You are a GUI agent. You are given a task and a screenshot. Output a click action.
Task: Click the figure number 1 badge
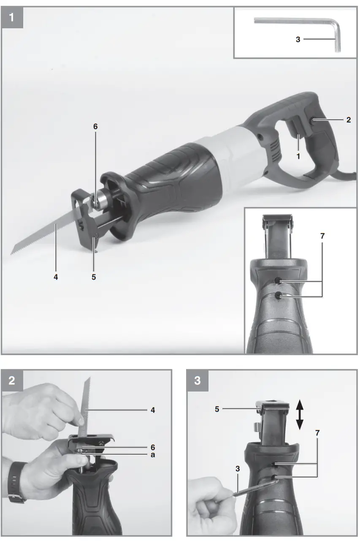[13, 18]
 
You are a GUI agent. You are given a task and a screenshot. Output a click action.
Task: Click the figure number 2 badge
[13, 380]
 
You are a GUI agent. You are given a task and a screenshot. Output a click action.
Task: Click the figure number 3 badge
[197, 380]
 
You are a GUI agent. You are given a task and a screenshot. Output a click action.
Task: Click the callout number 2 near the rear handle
[348, 120]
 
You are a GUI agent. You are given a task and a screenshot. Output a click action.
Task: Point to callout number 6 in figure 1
[95, 126]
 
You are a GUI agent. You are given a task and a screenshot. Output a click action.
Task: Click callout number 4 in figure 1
[56, 277]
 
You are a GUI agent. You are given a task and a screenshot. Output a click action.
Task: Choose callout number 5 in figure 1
[94, 277]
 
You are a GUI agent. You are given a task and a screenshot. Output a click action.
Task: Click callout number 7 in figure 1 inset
[322, 236]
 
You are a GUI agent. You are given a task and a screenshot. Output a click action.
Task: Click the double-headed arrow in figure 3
[299, 415]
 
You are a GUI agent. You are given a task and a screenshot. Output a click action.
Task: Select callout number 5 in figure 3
[217, 409]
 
